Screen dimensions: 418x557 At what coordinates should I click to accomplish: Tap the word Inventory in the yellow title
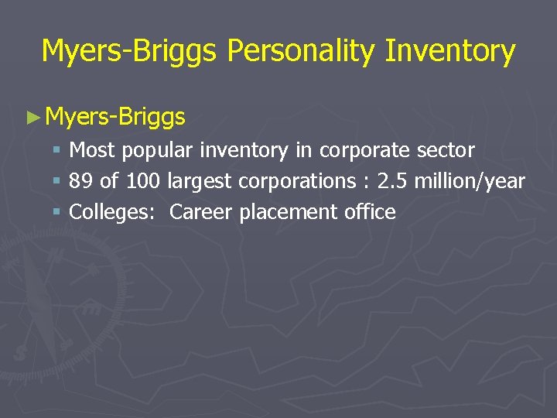450,51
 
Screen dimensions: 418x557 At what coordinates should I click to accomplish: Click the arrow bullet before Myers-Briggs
32,118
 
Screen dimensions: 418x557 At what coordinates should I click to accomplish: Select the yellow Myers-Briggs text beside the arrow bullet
115,117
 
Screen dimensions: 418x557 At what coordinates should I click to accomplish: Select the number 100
142,181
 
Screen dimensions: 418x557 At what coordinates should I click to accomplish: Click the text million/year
470,182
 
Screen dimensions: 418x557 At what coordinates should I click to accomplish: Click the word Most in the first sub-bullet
92,149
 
